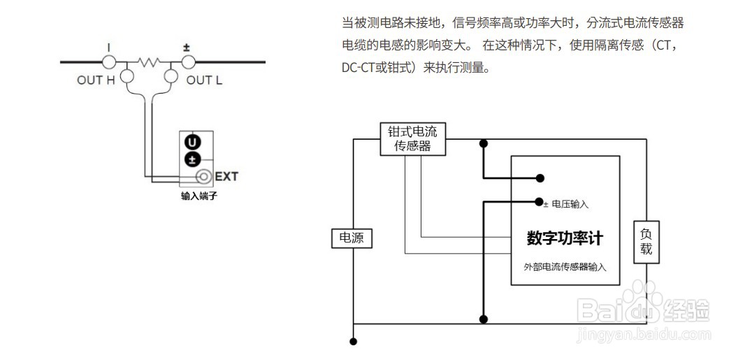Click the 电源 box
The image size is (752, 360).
[x=352, y=239]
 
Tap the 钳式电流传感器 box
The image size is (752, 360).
[x=412, y=138]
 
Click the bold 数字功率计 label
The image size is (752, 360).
[x=565, y=238]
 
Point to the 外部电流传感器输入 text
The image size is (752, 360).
[x=565, y=267]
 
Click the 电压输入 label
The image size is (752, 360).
[x=570, y=205]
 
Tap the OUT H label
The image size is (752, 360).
[x=96, y=80]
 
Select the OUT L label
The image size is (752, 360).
[x=204, y=80]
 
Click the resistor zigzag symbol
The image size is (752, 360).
[x=149, y=62]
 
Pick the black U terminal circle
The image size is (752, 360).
[x=192, y=143]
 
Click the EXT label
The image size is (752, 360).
[x=226, y=176]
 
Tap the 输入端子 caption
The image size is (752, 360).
[x=199, y=196]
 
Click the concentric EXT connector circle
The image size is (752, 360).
[x=204, y=176]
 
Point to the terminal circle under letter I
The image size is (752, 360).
[x=109, y=62]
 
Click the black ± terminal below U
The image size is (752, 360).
[x=192, y=159]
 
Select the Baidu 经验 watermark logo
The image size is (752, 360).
[x=643, y=308]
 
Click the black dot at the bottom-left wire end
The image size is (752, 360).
[x=354, y=342]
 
